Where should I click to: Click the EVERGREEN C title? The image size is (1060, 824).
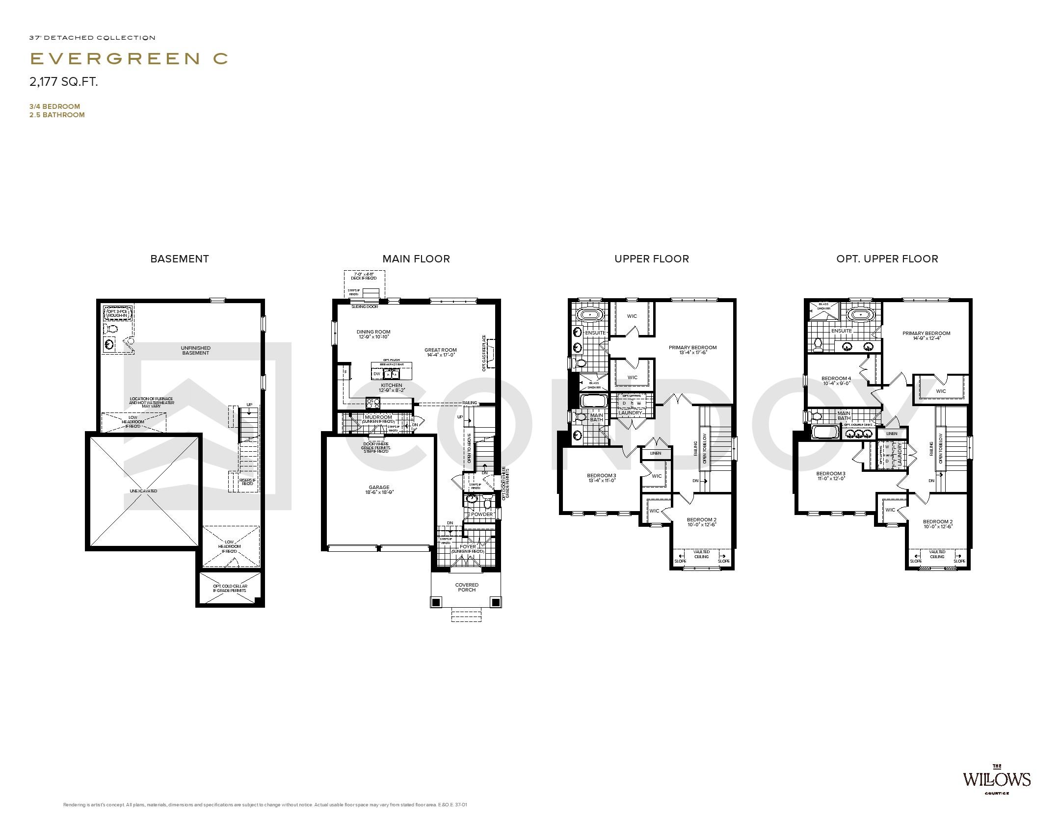point(129,58)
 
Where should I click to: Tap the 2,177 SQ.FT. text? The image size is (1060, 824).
point(64,82)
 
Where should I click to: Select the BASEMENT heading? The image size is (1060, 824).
point(180,259)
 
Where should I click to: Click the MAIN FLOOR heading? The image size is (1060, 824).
point(416,259)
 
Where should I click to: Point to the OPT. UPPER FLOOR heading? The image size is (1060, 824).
point(887,259)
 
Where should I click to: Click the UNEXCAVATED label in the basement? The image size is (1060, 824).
point(143,491)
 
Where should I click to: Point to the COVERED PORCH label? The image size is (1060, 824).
point(466,587)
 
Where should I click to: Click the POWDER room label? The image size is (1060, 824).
point(482,515)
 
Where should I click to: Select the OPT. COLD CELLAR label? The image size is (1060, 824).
point(230,588)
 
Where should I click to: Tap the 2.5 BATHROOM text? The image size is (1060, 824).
point(57,115)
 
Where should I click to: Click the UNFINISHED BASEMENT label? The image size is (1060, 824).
point(196,350)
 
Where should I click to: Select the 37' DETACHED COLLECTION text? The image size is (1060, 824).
point(92,38)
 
